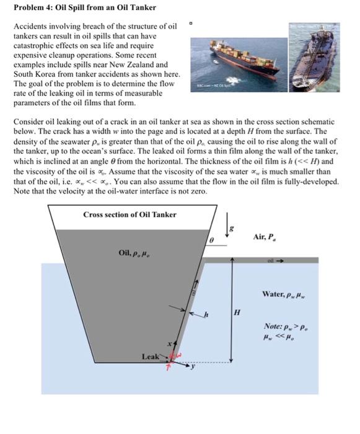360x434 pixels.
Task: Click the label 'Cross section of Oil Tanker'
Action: (130, 215)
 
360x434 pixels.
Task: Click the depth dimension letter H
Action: (236, 311)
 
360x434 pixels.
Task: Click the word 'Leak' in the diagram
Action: (151, 356)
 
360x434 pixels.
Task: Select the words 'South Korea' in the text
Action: (34, 74)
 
